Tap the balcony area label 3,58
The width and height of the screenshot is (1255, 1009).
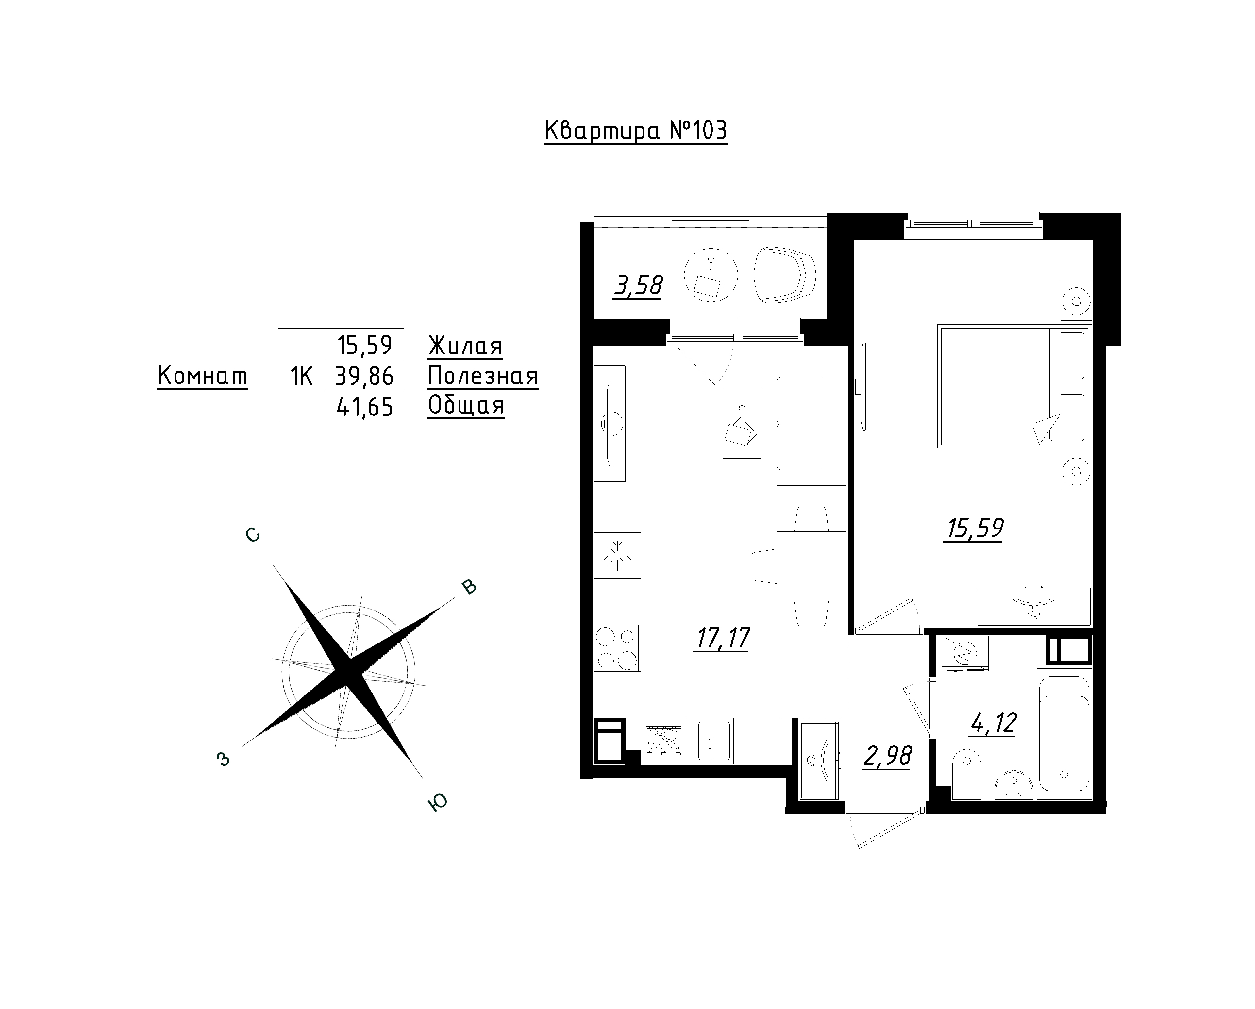[638, 286]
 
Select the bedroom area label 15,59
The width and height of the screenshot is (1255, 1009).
[975, 529]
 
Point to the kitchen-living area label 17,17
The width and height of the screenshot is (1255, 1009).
[722, 638]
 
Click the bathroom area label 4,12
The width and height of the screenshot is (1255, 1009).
[993, 723]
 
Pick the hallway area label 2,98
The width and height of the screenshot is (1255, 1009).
[887, 757]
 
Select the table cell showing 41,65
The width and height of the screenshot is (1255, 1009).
[365, 406]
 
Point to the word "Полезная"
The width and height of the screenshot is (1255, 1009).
[483, 376]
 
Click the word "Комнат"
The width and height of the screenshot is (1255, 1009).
[203, 376]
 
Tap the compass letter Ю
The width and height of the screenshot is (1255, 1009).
[438, 803]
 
